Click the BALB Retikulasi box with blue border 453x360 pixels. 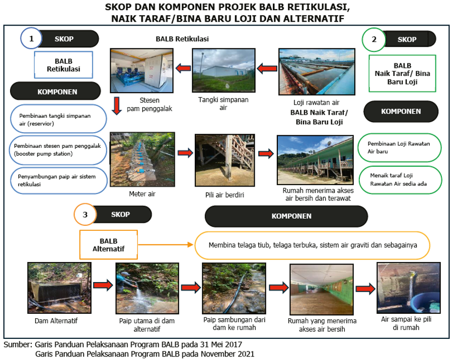pyautogui.click(x=63, y=65)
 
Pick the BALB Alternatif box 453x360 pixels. pyautogui.click(x=109, y=245)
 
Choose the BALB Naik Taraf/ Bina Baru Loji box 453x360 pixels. pyautogui.click(x=402, y=73)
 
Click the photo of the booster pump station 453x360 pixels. pyautogui.click(x=142, y=70)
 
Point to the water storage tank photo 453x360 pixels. pyautogui.click(x=223, y=70)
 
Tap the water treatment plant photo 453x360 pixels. pyautogui.click(x=317, y=71)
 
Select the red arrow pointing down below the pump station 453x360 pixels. pyautogui.click(x=117, y=106)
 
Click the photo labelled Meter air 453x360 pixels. pyautogui.click(x=142, y=159)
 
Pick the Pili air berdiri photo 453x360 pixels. pyautogui.click(x=225, y=160)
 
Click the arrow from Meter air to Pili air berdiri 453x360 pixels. pyautogui.click(x=185, y=153)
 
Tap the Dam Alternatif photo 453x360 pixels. pyautogui.click(x=59, y=288)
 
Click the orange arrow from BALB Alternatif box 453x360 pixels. pyautogui.click(x=166, y=245)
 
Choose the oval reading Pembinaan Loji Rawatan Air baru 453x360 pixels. pyautogui.click(x=400, y=147)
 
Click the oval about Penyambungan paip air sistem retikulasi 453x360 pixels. pyautogui.click(x=59, y=181)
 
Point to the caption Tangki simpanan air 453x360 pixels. pyautogui.click(x=223, y=104)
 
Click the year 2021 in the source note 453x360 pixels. pyautogui.click(x=245, y=354)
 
